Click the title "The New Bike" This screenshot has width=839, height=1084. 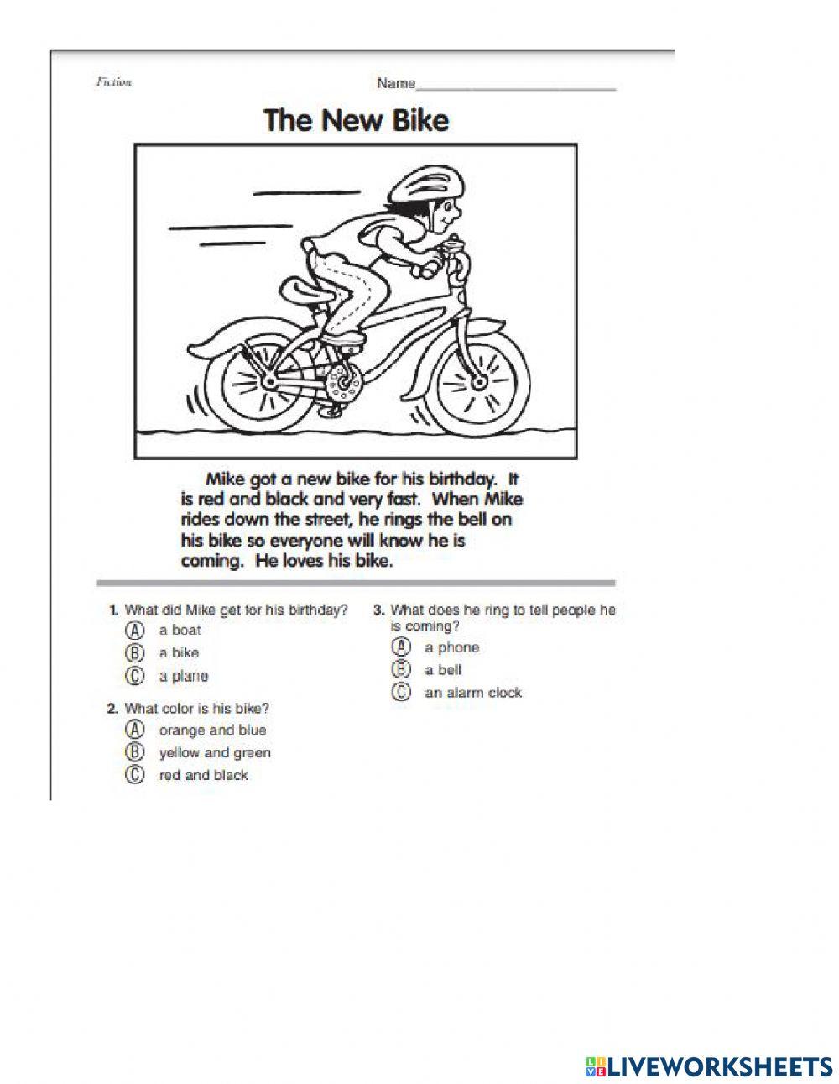[357, 120]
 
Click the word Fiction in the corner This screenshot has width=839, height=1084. [114, 82]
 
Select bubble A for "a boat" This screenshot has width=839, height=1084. [133, 630]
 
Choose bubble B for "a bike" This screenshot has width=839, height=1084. [133, 652]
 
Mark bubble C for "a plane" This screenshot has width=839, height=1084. [133, 676]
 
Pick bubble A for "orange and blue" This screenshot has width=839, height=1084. [133, 730]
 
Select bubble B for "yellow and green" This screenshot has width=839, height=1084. [133, 752]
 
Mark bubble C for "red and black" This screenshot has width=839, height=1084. [133, 775]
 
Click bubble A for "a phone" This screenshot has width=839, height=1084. [402, 647]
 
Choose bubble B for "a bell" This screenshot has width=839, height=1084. [402, 670]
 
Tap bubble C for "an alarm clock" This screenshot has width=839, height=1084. [402, 693]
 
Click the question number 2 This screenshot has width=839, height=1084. [112, 709]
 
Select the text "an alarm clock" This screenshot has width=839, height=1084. [473, 693]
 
